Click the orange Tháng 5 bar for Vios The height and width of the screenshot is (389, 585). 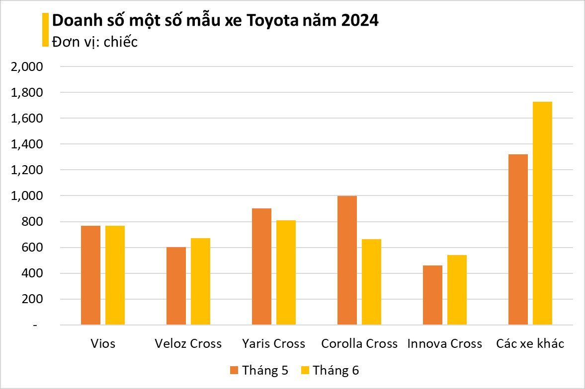[90, 275]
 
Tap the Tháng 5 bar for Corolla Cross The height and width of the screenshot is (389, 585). [347, 260]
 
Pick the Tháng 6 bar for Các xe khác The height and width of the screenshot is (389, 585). [542, 213]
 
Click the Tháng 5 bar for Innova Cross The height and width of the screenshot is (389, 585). [432, 295]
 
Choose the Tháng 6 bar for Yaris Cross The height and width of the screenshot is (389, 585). [286, 272]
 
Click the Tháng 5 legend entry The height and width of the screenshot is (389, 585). [259, 370]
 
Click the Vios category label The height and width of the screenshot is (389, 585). [103, 343]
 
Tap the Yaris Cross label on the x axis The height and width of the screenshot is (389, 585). [274, 343]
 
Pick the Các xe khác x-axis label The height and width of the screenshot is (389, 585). [530, 343]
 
